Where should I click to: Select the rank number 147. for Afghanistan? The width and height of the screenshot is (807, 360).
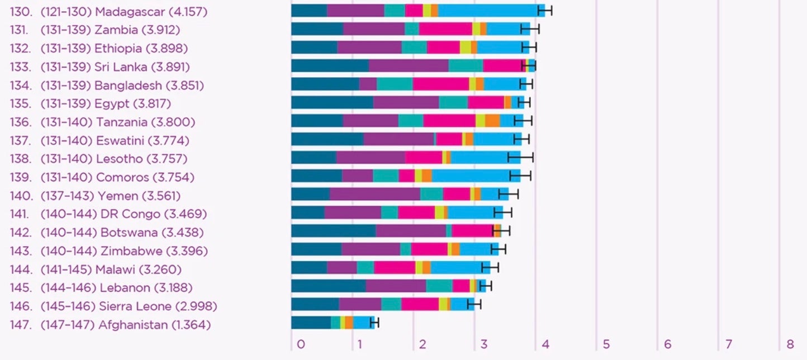pos(21,325)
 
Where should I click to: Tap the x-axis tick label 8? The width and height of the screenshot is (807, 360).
pos(790,344)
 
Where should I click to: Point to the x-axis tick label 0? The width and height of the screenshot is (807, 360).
pos(301,344)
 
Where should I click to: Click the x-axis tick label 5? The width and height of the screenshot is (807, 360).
pos(606,344)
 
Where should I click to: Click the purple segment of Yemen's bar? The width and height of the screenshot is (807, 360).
pos(374,194)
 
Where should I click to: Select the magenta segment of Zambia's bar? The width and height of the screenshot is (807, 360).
pos(445,29)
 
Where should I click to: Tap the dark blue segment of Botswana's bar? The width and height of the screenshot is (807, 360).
pos(333,231)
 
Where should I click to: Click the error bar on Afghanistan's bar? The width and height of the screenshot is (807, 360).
pos(374,323)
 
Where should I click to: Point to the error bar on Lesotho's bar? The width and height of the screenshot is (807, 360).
pos(520,157)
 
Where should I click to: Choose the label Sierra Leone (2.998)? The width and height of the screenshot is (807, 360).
pos(158,306)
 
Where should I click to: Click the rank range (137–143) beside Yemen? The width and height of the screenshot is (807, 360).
pos(67,196)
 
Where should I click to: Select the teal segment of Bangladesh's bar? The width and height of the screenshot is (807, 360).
pos(395,84)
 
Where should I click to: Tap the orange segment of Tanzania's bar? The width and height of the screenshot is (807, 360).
pos(492,120)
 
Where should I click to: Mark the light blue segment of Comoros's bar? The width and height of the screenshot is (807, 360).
pos(475,176)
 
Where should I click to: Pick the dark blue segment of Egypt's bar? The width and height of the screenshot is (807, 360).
pos(332,102)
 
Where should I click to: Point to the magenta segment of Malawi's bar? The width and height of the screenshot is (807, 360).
pos(395,267)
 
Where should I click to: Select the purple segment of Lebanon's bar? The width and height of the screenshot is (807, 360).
pos(396,286)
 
